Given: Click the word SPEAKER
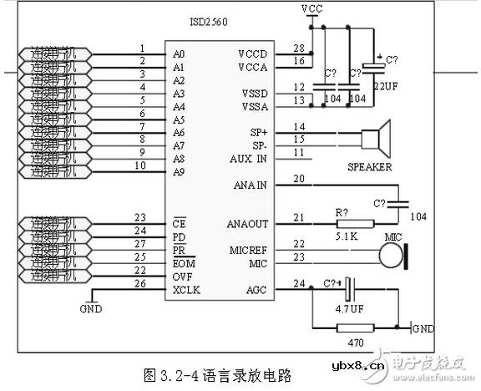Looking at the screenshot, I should tap(369, 166).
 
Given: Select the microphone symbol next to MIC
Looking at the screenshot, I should tap(393, 256).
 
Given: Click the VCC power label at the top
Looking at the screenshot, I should tap(313, 8).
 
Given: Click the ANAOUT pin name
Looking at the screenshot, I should tap(247, 224).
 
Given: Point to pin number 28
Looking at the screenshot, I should tap(298, 49).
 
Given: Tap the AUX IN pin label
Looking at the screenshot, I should tap(249, 157).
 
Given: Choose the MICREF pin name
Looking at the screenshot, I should tap(248, 250).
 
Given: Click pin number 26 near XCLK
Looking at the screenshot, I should tap(139, 283).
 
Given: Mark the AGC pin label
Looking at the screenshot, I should tap(256, 289).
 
